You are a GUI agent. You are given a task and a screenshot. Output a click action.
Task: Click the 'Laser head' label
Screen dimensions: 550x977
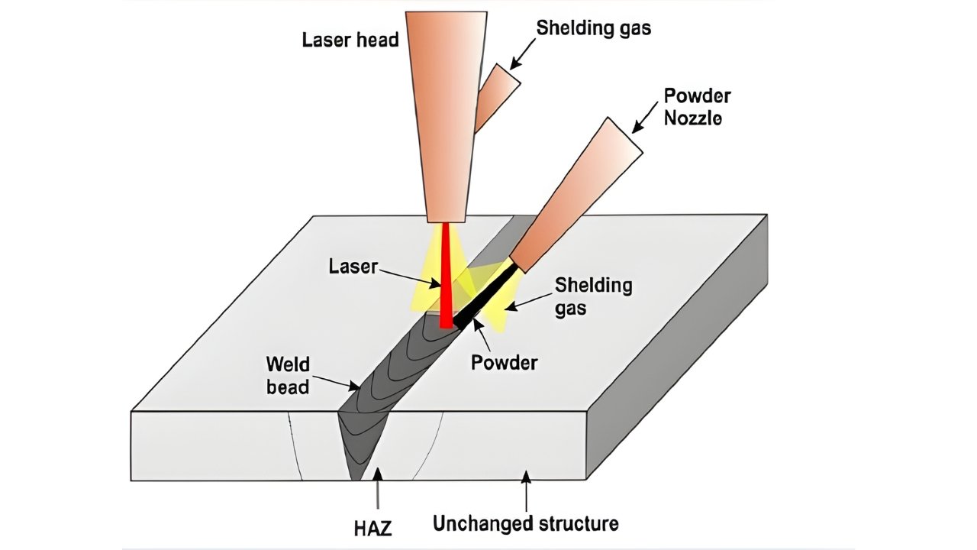350,39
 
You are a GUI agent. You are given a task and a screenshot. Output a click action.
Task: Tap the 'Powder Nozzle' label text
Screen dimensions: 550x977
697,107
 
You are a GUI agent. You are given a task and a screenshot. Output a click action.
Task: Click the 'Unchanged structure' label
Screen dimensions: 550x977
525,524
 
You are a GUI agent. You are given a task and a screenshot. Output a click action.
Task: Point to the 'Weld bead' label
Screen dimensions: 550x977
288,374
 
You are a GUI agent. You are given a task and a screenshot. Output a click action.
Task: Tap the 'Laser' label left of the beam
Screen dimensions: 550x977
353,267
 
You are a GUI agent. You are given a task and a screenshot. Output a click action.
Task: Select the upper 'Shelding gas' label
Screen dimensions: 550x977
593,28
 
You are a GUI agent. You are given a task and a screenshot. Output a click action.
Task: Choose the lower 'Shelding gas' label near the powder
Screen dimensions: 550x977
593,296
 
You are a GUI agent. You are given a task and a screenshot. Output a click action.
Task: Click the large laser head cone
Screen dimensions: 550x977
446,115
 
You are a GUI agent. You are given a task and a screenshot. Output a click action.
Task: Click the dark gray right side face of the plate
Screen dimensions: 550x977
679,344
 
